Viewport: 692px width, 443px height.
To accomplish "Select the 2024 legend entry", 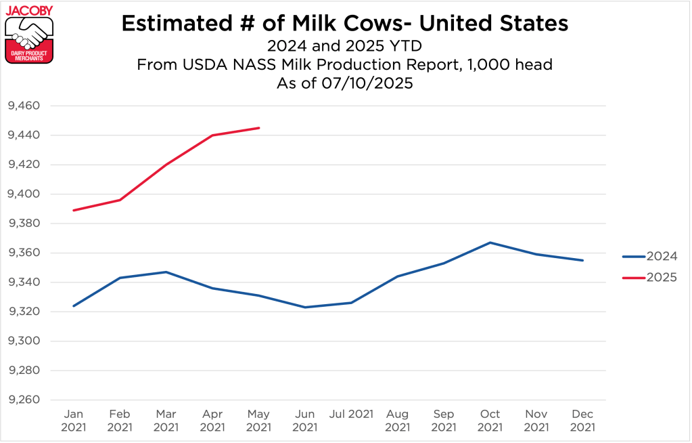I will (649, 256).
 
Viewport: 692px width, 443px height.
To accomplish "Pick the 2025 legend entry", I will (649, 277).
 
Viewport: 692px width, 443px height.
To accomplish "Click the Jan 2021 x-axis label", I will (73, 421).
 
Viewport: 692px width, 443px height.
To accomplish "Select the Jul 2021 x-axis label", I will (352, 414).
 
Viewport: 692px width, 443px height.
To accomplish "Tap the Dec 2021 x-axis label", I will (582, 421).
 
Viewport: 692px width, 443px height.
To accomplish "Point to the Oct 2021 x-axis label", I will (490, 421).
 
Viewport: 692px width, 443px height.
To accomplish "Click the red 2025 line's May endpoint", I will (259, 128).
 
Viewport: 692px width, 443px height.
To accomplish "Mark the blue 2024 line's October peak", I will (490, 242).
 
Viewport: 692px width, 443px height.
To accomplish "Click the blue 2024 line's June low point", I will (305, 308).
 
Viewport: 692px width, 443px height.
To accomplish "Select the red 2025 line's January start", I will (73, 210).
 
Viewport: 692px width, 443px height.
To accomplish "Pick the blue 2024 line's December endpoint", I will (582, 260).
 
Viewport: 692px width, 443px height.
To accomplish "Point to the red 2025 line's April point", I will (212, 135).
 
